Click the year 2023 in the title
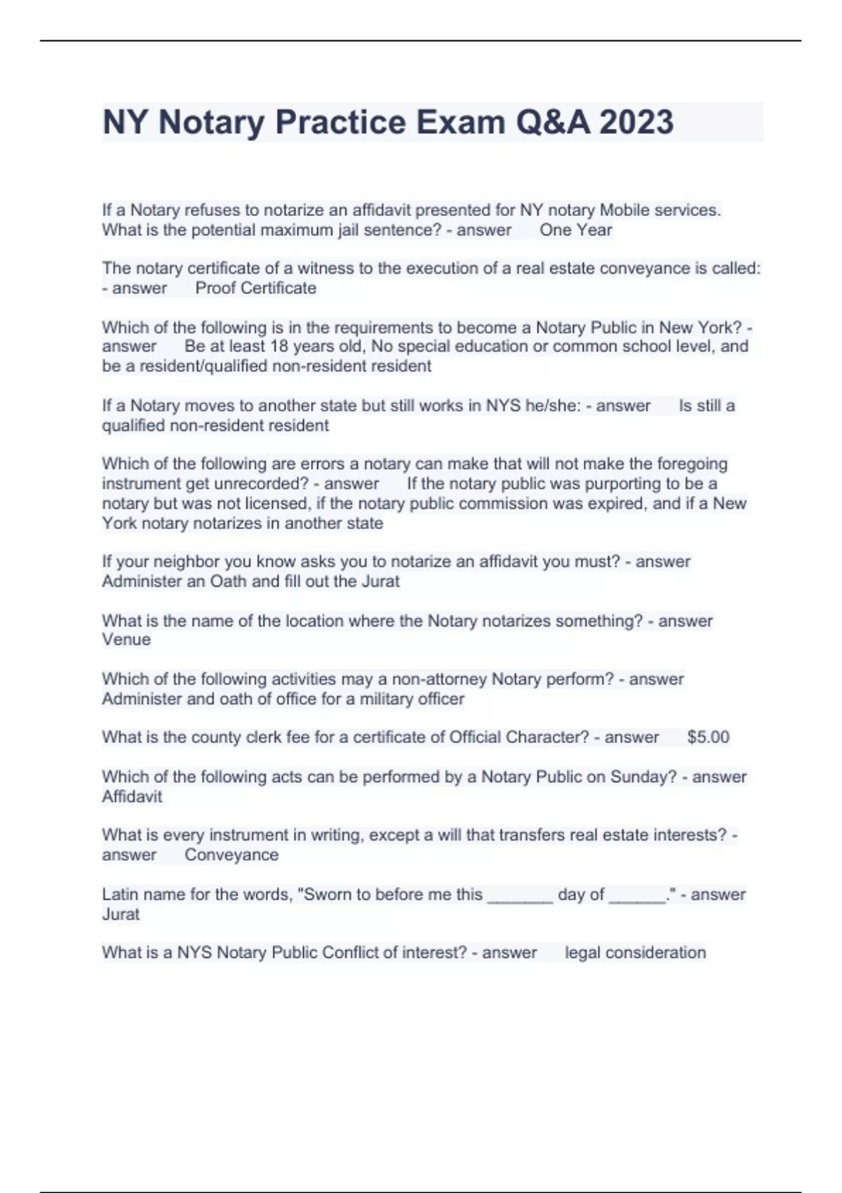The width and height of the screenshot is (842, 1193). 636,122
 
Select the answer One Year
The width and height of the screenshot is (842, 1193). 575,230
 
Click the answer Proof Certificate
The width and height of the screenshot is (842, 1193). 255,288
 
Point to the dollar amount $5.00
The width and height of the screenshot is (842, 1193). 708,738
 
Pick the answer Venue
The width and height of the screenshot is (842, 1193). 126,640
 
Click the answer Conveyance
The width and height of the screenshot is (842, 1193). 232,855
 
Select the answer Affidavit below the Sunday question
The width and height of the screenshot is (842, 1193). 132,797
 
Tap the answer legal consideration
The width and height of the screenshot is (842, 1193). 635,953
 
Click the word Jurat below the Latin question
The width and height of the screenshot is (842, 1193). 121,914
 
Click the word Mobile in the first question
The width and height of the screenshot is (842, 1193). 624,211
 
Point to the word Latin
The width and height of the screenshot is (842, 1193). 121,895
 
